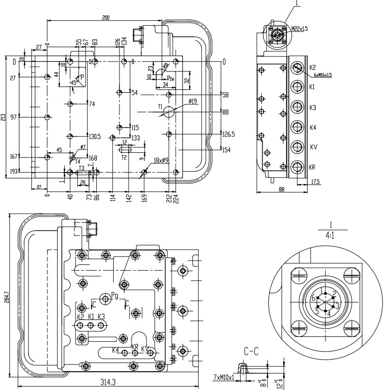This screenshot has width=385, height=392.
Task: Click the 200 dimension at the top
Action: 105,18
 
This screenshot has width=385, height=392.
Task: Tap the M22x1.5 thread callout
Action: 299,29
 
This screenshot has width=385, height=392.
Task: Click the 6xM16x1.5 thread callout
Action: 322,75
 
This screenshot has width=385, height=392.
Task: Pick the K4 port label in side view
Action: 313,127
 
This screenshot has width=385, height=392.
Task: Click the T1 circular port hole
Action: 169,112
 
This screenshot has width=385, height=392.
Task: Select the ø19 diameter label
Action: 192,101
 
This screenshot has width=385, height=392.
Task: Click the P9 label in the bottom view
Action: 115,294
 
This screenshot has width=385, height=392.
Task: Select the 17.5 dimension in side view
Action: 315,182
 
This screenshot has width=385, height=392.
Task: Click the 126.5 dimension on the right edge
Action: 228,134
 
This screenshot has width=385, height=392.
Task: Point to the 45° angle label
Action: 73,83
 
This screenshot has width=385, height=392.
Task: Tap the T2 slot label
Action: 124,157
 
